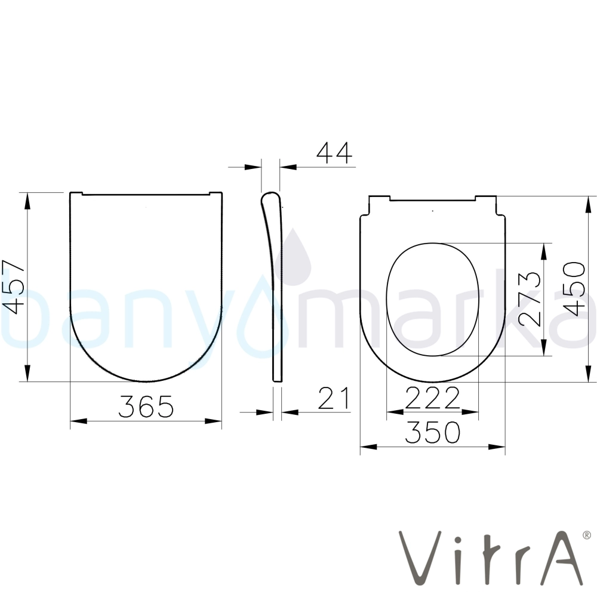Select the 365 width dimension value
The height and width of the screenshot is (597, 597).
pos(146,406)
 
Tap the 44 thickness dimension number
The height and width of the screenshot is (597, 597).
pos(335,153)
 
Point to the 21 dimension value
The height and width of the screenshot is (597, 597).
pos(334,398)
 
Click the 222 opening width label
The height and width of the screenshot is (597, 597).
pos(432,398)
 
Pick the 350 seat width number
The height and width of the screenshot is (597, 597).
pos(432,432)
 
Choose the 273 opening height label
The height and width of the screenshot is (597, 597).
pos(530,299)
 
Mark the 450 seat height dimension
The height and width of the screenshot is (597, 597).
pos(574,289)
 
